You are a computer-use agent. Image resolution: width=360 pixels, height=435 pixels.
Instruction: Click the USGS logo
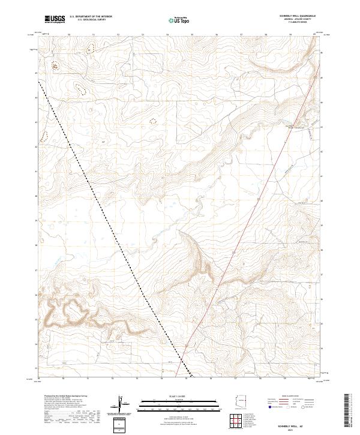tap(55, 19)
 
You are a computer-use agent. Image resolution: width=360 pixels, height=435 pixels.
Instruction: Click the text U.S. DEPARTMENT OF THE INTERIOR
tap(91, 17)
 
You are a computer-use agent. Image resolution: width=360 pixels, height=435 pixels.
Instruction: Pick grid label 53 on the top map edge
tap(143, 35)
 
